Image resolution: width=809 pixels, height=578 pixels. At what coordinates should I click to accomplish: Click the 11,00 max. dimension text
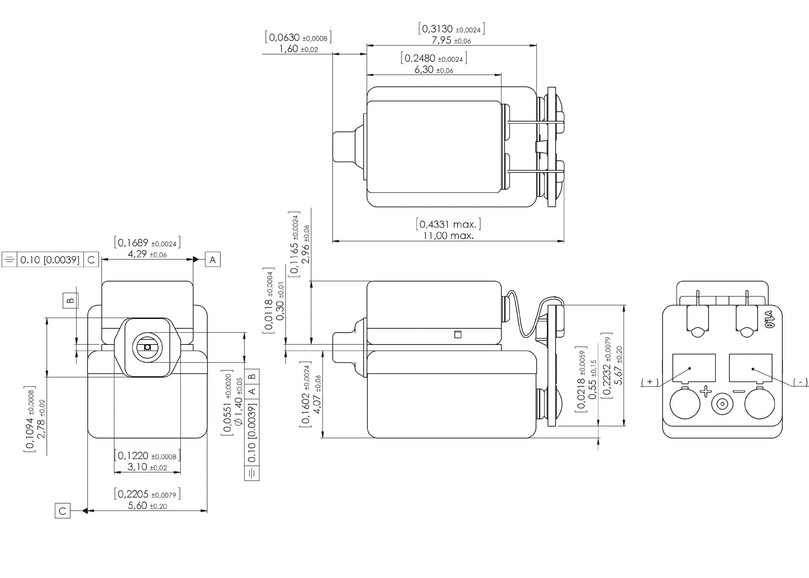[448, 236]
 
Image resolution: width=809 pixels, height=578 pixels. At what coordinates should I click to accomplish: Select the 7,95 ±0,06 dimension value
[451, 41]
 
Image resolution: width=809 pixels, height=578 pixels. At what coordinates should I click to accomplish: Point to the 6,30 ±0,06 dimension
[433, 70]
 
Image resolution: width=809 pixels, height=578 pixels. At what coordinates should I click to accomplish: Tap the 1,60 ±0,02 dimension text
[298, 49]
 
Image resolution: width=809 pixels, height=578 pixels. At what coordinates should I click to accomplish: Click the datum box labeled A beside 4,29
[213, 259]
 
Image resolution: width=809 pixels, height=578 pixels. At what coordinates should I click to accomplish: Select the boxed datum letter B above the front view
[71, 300]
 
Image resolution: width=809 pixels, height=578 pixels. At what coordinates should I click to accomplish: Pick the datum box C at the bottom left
[63, 511]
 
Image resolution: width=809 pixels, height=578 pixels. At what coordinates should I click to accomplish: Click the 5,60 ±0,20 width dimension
[147, 506]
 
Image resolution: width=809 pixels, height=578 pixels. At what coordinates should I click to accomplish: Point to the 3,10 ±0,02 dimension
[147, 467]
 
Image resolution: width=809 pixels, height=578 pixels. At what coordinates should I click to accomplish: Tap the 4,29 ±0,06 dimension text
[147, 254]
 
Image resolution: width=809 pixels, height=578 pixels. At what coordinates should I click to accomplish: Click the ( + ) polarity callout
[649, 382]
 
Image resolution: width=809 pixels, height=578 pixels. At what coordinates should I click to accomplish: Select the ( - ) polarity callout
[800, 382]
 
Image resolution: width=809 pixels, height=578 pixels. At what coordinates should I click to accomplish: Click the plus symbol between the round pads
[706, 391]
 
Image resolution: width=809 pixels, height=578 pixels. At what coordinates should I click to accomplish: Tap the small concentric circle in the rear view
[722, 404]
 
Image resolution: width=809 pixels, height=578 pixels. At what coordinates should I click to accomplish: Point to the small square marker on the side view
[458, 335]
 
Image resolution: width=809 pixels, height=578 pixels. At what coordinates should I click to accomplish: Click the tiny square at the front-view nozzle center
[147, 347]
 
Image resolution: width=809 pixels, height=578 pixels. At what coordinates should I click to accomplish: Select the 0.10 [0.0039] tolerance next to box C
[50, 260]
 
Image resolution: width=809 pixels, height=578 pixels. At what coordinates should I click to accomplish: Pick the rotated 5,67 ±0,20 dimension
[618, 365]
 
